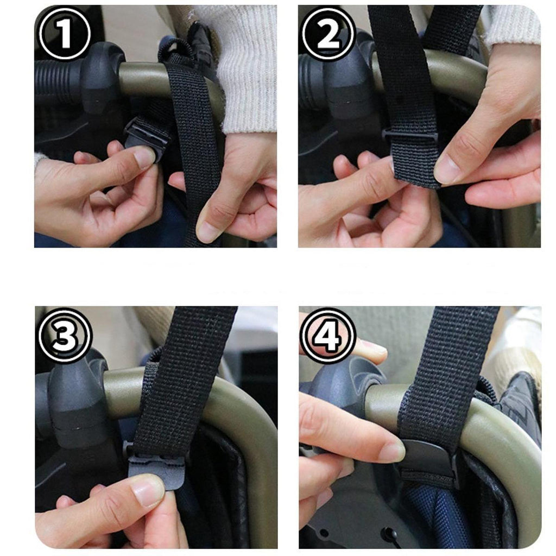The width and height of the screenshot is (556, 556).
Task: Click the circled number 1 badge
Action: click(65, 33)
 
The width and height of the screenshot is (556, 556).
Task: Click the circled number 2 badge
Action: click(328, 33)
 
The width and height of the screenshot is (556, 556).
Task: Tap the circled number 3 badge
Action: click(65, 335)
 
